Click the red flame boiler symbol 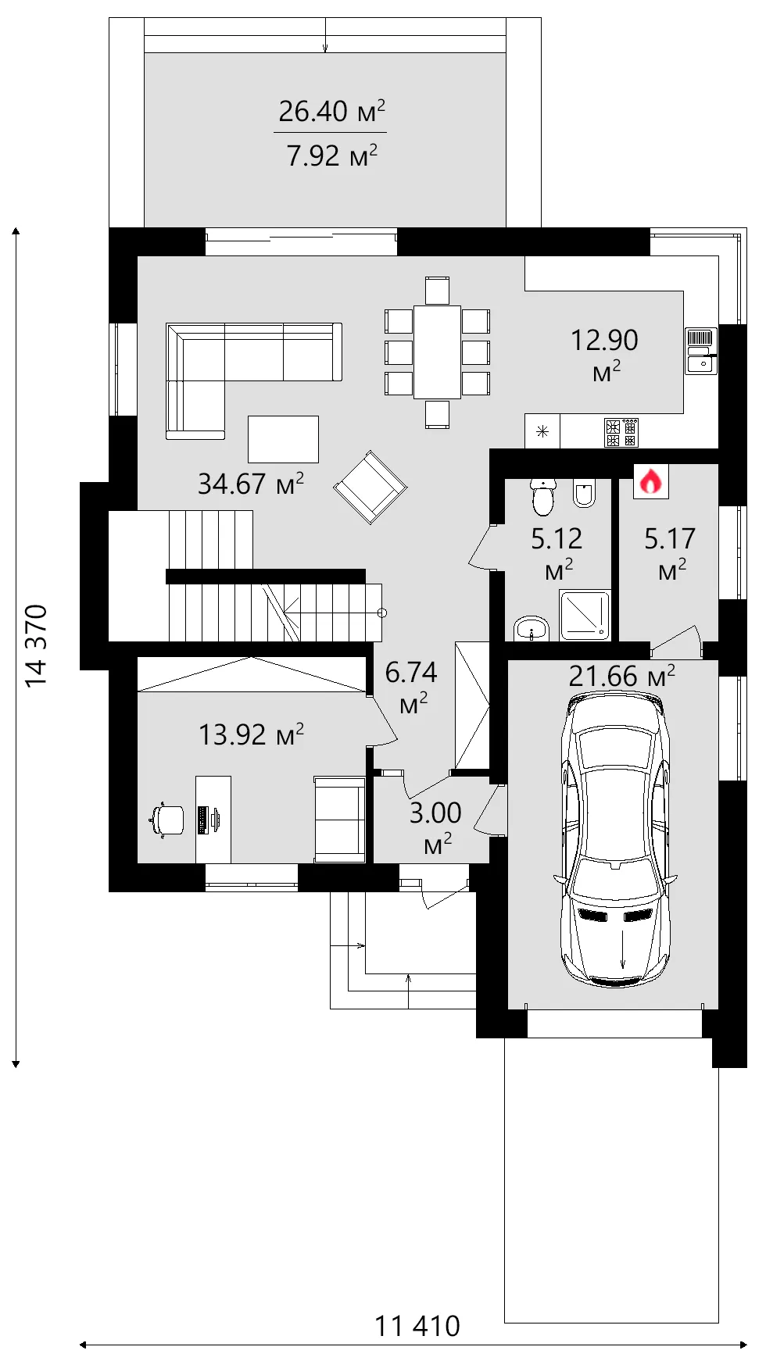tap(650, 482)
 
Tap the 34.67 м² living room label tap(251, 484)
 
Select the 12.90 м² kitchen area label tap(604, 354)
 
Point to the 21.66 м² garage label tap(622, 676)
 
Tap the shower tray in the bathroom tap(585, 615)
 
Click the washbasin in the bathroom tap(532, 628)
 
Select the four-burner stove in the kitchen tap(622, 432)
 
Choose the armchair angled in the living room tap(370, 487)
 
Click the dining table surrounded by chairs tap(437, 352)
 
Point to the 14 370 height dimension tap(36, 645)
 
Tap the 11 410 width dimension tap(417, 1326)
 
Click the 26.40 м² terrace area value tap(332, 111)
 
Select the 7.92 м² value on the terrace tap(332, 155)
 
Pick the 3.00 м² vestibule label tap(436, 827)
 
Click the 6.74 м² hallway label tap(411, 686)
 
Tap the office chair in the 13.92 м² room tap(166, 820)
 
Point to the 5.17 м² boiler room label tap(670, 552)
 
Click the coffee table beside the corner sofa tap(283, 439)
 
